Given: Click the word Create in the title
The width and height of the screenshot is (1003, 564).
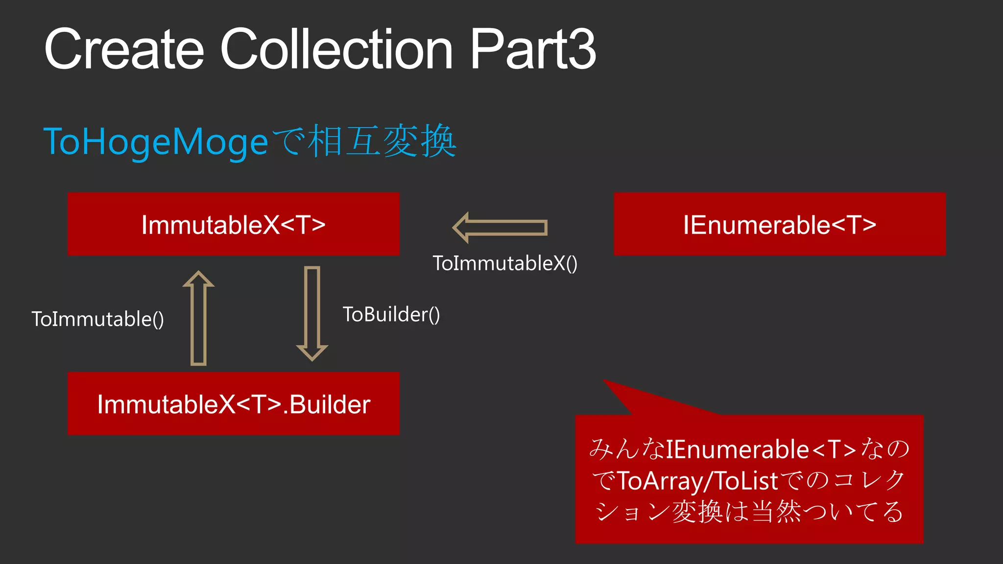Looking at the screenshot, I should (x=124, y=49).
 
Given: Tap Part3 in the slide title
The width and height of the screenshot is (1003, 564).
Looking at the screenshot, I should (x=533, y=49).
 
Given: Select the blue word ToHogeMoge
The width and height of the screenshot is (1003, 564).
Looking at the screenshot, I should (x=156, y=142).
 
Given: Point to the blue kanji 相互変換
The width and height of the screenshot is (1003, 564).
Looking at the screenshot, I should (x=382, y=141).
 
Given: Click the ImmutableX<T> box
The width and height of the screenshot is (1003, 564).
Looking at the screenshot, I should (x=233, y=224).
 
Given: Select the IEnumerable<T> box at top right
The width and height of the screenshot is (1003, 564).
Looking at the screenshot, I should (x=779, y=224).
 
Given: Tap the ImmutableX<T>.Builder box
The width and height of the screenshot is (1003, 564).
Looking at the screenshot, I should (x=233, y=404).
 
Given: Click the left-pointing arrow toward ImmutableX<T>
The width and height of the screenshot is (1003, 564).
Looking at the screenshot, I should (x=500, y=228).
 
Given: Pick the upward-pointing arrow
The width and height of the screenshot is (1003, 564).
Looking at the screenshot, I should (x=198, y=318).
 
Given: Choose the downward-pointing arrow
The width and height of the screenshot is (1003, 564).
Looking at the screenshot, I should (x=312, y=313).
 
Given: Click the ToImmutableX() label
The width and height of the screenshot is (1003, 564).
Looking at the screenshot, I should (x=505, y=263).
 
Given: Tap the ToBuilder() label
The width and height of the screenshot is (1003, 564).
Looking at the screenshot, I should (x=391, y=314).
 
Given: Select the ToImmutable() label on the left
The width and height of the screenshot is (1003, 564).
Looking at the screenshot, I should (x=97, y=319).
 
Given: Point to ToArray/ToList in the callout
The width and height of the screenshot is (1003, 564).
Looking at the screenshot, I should (x=697, y=481).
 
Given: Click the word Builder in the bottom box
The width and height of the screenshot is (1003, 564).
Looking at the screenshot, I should (x=330, y=404).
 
